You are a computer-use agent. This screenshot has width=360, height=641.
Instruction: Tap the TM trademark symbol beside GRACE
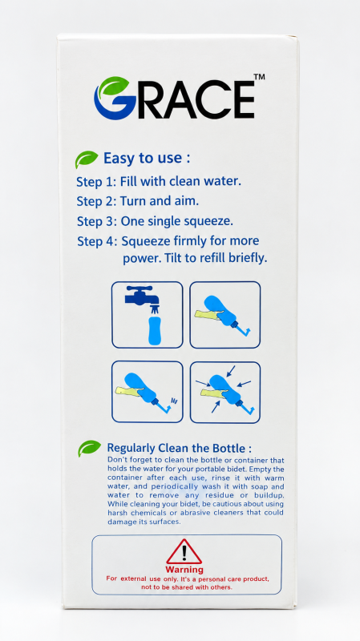click(x=259, y=76)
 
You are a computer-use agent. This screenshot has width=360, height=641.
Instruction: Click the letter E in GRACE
click(x=240, y=99)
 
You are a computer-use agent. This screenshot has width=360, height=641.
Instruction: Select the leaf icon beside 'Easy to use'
click(x=87, y=159)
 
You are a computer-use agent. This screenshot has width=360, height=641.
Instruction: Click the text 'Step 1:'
click(x=96, y=182)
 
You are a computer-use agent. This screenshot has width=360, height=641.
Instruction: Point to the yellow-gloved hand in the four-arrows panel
click(x=213, y=393)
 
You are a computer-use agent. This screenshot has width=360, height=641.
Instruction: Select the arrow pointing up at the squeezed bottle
click(x=216, y=407)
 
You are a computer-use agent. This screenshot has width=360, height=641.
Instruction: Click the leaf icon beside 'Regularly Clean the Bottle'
click(x=89, y=448)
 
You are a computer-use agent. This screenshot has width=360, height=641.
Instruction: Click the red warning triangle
click(x=184, y=552)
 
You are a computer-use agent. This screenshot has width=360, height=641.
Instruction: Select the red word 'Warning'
click(x=184, y=570)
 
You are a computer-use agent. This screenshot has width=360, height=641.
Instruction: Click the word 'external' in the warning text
click(x=133, y=579)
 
